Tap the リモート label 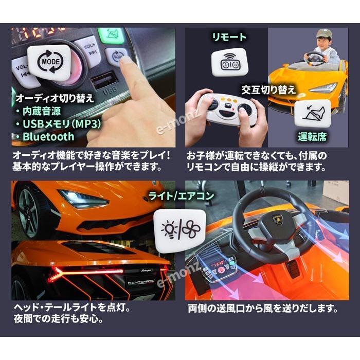click(229, 37)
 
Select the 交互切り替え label click(268, 89)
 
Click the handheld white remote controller click(227, 109)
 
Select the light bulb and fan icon click(179, 228)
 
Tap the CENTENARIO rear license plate click(146, 282)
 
